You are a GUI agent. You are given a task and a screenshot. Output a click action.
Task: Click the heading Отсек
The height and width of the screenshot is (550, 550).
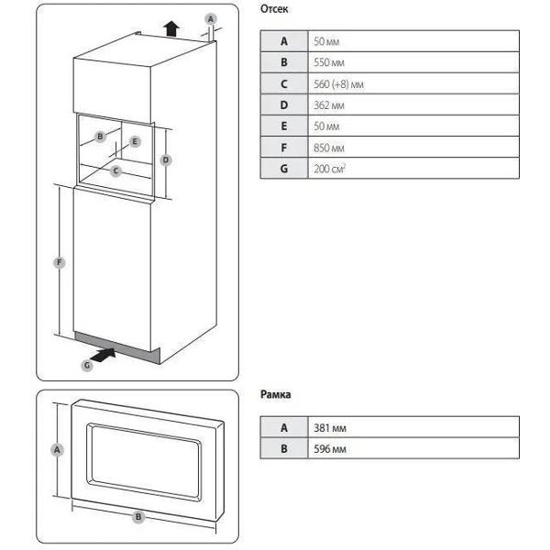(274, 9)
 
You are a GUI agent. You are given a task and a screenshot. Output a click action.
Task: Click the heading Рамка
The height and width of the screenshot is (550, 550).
(275, 394)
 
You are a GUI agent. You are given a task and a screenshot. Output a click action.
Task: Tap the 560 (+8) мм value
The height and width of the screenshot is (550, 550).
(338, 84)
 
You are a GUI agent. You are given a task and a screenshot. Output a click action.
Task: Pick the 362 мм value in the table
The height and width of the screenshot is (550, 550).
(329, 105)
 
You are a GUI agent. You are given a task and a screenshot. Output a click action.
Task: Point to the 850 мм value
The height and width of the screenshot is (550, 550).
(329, 148)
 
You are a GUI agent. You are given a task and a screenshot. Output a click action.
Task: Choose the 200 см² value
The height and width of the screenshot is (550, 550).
(330, 169)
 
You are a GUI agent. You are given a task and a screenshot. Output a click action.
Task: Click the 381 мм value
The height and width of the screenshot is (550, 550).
(330, 428)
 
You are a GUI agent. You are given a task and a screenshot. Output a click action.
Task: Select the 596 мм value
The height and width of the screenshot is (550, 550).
(330, 449)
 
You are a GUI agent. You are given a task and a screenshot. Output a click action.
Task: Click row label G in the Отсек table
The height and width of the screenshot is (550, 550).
(284, 169)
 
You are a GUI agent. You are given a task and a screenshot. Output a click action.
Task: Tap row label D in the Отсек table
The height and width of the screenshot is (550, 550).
(284, 105)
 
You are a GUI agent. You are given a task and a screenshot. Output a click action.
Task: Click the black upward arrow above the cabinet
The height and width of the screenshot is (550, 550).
(171, 28)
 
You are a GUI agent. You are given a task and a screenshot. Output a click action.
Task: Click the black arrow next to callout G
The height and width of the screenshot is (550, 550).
(103, 356)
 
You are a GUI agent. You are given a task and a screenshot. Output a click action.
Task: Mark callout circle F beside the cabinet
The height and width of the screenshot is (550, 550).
(60, 262)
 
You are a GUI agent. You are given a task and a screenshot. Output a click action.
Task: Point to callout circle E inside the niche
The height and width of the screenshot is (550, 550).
(135, 142)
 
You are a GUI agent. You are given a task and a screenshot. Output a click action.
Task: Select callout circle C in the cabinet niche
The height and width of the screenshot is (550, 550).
(115, 171)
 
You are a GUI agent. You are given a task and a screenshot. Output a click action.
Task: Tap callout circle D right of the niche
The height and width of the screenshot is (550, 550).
(166, 160)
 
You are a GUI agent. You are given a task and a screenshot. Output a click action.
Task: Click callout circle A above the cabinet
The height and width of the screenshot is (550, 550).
(211, 18)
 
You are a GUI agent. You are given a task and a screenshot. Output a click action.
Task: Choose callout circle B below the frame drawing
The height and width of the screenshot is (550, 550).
(138, 517)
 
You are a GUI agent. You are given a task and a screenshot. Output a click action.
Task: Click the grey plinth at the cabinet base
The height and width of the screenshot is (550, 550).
(117, 348)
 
